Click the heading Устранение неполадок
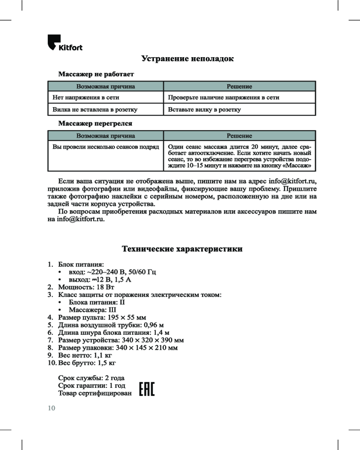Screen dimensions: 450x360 pos(188,59)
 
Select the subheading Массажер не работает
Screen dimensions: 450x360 pos(96,73)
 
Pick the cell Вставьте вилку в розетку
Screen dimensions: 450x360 pos(204,109)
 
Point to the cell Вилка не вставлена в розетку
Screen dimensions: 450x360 pos(95,109)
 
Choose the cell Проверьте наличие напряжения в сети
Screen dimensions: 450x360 pos(223,97)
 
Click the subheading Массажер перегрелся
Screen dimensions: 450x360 pos(95,123)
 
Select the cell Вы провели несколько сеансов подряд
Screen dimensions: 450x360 pos(106,147)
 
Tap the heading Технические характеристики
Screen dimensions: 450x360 pos(182,249)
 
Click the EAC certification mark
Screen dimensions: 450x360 pos(147,390)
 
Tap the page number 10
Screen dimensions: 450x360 pos(51,408)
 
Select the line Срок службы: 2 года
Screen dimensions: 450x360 pos(91,378)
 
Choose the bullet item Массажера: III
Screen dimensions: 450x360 pos(92,310)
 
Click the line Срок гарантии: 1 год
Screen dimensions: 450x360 pos(92,386)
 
